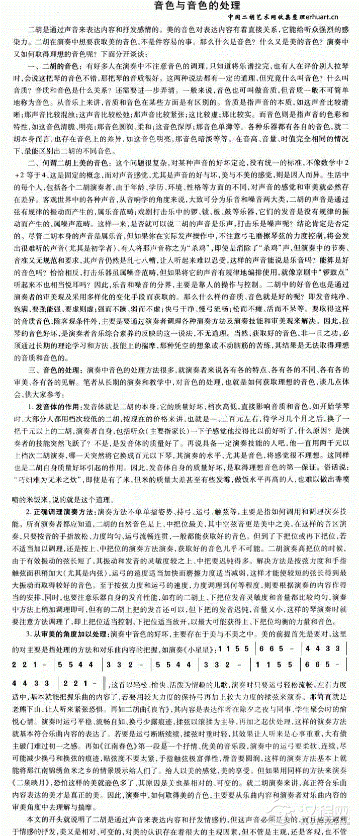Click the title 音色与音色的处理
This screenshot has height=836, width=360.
tap(197, 6)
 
